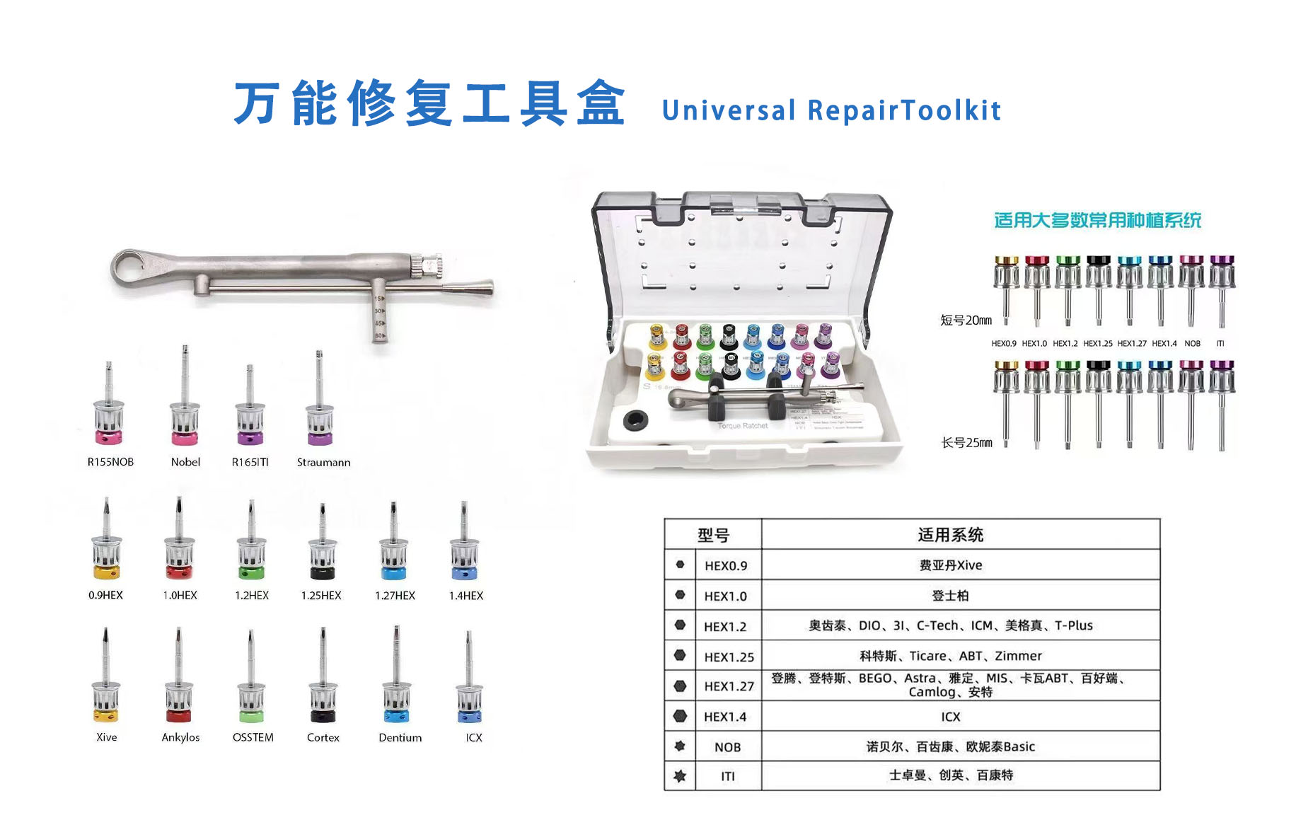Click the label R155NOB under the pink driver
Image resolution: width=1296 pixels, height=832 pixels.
[110, 462]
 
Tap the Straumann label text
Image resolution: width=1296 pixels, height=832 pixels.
[323, 462]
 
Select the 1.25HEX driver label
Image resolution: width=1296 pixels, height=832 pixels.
[321, 596]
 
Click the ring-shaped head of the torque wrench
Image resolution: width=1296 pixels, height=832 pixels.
[132, 268]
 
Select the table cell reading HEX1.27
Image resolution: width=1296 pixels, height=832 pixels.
[729, 686]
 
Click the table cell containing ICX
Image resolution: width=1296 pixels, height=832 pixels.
[950, 717]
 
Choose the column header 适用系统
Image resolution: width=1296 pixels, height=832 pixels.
[950, 535]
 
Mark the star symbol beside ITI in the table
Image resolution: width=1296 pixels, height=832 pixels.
[680, 776]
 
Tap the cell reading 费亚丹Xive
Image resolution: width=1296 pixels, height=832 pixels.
[950, 565]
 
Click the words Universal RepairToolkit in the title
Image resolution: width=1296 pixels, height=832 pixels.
[831, 111]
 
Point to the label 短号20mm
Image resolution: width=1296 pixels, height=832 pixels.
[966, 320]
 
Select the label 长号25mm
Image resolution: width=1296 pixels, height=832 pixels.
[966, 443]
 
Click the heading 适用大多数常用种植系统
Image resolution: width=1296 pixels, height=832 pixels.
[1097, 221]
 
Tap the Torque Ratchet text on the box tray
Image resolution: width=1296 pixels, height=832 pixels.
[743, 426]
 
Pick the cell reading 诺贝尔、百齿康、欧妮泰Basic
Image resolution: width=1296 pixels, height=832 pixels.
[950, 746]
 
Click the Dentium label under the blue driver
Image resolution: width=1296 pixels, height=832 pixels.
[400, 737]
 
